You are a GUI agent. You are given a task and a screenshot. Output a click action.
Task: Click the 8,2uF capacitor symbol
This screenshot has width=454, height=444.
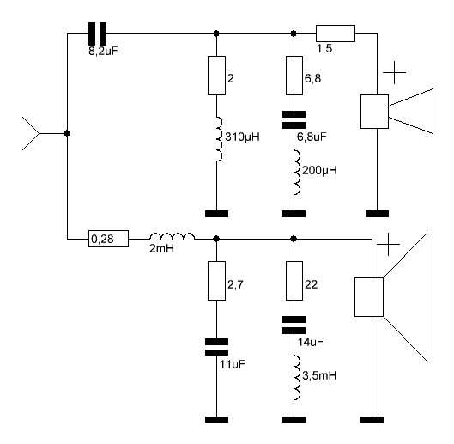tap(97, 33)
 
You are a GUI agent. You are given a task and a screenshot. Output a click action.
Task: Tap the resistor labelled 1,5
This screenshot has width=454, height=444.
tap(336, 33)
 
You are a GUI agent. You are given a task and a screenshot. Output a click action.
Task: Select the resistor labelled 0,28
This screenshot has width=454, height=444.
tap(108, 239)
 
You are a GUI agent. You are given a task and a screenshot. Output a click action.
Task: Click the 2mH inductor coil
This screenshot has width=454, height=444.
tap(172, 236)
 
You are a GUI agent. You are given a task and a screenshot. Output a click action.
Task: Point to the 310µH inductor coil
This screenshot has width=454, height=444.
tap(219, 139)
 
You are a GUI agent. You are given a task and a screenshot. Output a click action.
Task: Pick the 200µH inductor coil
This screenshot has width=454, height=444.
tap(296, 172)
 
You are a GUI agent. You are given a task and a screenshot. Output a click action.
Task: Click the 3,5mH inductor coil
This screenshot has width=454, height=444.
tap(296, 378)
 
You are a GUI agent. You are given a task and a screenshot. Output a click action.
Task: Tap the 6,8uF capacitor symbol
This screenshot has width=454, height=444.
tap(294, 119)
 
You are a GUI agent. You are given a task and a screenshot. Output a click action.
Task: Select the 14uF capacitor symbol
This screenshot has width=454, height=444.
tap(294, 325)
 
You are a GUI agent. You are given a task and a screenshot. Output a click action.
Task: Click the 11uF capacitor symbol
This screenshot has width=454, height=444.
tap(216, 347)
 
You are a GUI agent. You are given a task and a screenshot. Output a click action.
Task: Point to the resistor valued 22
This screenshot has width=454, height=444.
tap(294, 281)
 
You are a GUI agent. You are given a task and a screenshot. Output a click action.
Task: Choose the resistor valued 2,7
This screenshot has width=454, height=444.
tap(216, 281)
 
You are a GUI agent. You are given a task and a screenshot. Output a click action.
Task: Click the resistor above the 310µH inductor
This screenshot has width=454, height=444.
tap(216, 76)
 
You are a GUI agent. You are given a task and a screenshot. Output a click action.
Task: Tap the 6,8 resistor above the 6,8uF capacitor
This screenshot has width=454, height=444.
tap(294, 76)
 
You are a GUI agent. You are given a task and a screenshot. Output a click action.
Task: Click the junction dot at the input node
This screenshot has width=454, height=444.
tap(67, 133)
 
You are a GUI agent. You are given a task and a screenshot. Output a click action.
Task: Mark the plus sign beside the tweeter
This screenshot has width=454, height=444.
tap(394, 72)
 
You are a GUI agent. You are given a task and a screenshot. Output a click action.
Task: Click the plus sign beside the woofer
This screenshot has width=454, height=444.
tap(388, 244)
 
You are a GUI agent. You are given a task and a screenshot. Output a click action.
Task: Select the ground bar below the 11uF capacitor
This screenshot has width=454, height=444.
tap(216, 419)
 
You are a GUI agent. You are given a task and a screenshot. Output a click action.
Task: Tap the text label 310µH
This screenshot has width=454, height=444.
tap(242, 137)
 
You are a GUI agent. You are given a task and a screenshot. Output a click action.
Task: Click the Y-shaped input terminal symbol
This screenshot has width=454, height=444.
tap(30, 133)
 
